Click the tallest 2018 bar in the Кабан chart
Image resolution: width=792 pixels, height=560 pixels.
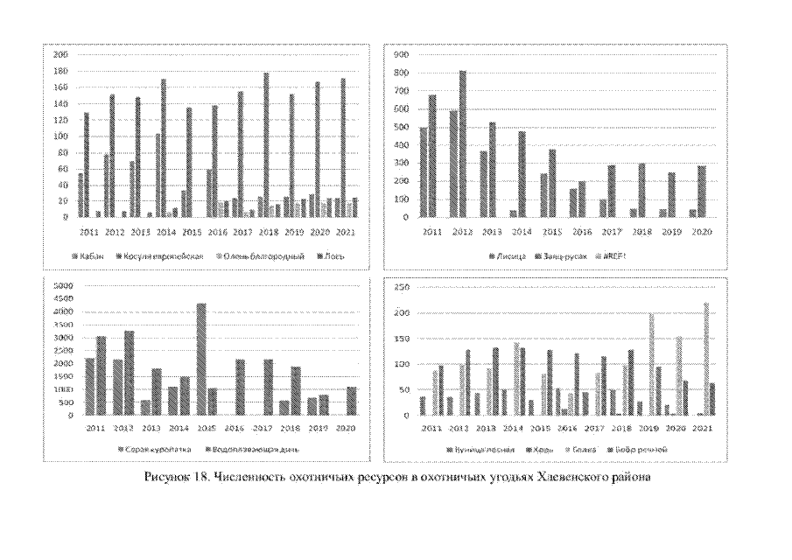266,144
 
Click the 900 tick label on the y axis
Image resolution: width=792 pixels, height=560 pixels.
403,54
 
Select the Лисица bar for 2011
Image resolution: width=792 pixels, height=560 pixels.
424,171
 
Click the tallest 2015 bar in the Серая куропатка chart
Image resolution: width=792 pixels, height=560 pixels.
200,359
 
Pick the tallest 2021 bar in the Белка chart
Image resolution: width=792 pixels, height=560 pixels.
705,359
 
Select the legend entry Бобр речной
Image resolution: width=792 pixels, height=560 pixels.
647,449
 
